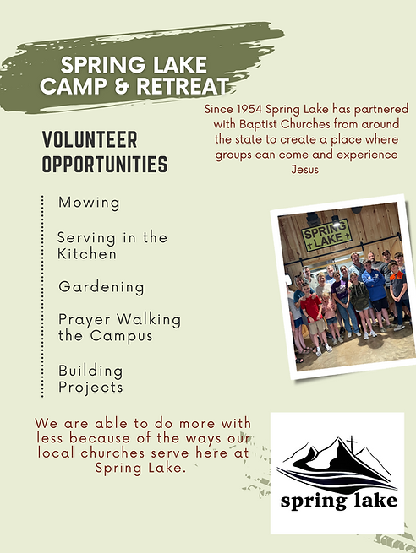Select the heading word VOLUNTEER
coord(89,139)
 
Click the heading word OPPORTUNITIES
coord(104,164)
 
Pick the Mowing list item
coord(89,203)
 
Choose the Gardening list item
coord(101,287)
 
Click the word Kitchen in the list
coord(87,253)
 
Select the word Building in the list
coord(90,371)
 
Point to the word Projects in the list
coord(90,388)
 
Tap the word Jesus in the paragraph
coord(307,168)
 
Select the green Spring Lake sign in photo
coord(326,234)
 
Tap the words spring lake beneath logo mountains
coord(337,502)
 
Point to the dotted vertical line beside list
coord(42,295)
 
